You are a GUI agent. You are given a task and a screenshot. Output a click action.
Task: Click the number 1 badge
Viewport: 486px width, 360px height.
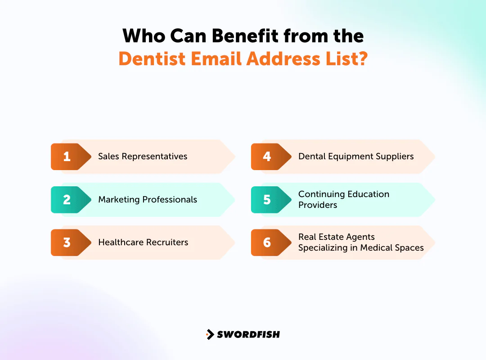click(67, 157)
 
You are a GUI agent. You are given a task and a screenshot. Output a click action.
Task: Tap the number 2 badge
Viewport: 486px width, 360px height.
click(67, 199)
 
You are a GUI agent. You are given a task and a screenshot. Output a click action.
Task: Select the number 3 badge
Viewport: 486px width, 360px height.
click(67, 242)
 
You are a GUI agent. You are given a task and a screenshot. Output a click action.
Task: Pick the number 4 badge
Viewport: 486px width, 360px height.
click(267, 157)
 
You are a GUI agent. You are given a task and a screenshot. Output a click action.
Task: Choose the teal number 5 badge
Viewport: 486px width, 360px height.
click(267, 199)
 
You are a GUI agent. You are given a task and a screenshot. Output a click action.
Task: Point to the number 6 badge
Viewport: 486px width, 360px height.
click(267, 242)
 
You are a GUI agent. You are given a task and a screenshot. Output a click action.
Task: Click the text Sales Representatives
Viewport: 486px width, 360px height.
click(143, 157)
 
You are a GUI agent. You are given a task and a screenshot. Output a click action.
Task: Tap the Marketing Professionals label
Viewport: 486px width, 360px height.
click(148, 199)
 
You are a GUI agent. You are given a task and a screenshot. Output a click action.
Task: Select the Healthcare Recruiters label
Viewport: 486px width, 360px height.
click(143, 242)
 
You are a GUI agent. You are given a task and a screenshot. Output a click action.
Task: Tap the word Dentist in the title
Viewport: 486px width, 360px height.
click(149, 59)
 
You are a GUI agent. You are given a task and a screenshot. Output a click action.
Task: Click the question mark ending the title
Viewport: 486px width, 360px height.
click(362, 59)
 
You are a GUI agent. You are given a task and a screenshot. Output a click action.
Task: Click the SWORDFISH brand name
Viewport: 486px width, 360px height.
click(248, 334)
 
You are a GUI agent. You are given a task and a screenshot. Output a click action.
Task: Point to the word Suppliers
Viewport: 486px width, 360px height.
click(394, 157)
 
